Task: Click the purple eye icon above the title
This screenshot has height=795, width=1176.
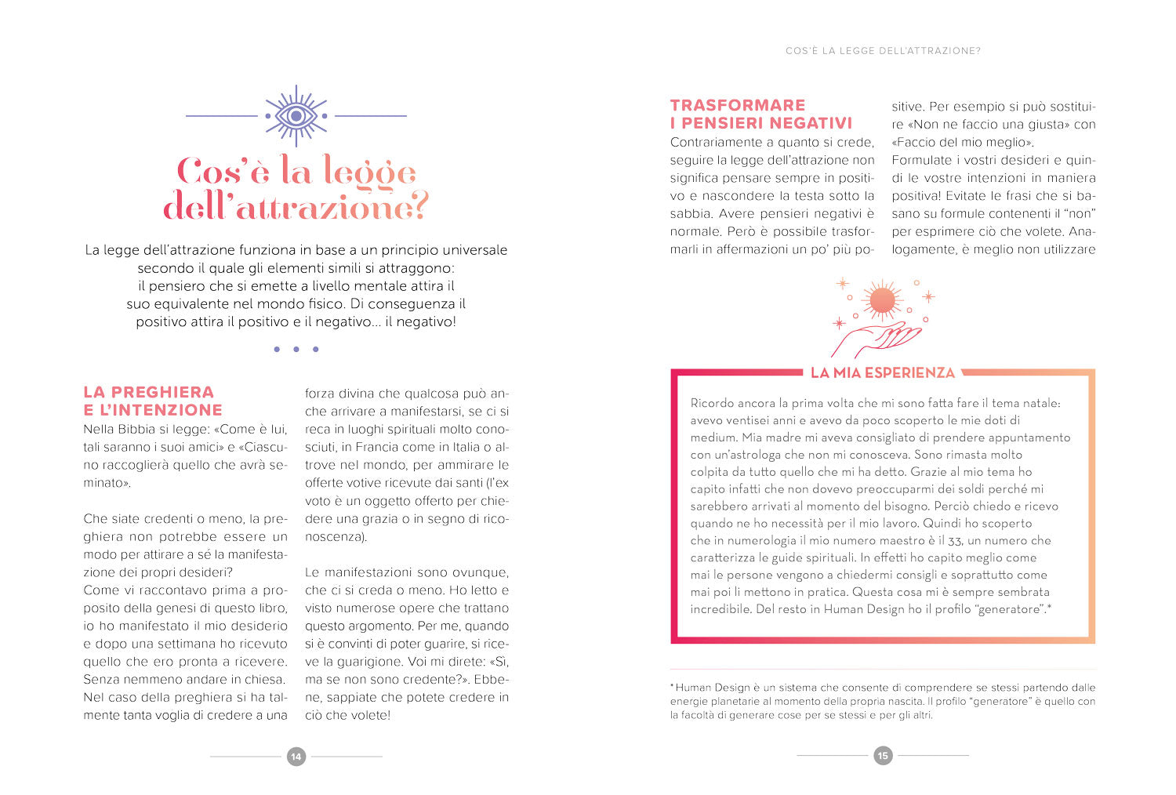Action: click(296, 116)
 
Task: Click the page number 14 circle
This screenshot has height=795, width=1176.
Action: click(296, 757)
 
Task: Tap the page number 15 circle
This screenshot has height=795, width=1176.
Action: click(883, 756)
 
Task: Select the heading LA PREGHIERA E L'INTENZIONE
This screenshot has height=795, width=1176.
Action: click(153, 401)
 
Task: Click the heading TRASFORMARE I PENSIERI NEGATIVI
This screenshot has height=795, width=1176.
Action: click(760, 114)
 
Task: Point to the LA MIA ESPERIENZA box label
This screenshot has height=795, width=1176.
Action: click(882, 373)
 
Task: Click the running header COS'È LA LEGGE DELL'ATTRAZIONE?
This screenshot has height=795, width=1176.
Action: click(883, 51)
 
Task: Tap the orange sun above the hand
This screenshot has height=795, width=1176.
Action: click(882, 299)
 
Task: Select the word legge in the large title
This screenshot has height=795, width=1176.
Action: click(368, 172)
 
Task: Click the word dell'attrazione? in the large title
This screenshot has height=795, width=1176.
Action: click(296, 208)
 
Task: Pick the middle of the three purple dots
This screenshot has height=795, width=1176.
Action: click(296, 350)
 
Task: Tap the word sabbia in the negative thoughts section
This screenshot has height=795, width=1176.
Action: click(689, 214)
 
